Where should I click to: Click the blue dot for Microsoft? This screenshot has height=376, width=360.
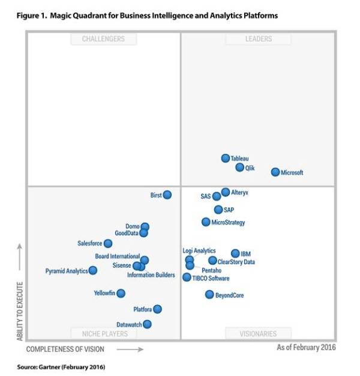[275, 172]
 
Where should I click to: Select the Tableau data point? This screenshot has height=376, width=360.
[226, 159]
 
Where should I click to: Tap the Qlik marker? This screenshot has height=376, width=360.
[240, 168]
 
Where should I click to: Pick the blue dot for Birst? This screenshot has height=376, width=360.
[167, 195]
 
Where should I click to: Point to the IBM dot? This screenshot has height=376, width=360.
[236, 253]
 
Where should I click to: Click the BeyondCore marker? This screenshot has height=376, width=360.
[209, 294]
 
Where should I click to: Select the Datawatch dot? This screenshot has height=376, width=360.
[147, 324]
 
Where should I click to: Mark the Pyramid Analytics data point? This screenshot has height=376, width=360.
[93, 271]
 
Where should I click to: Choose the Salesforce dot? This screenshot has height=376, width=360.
[108, 243]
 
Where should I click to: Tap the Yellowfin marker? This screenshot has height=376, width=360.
[121, 293]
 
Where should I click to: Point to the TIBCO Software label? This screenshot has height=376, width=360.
[211, 278]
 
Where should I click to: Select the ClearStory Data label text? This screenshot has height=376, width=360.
[236, 262]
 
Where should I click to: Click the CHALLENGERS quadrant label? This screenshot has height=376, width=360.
[104, 39]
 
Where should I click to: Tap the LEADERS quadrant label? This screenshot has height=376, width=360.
[258, 39]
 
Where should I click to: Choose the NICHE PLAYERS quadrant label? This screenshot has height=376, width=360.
[104, 333]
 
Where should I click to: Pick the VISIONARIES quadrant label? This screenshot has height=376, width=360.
[258, 333]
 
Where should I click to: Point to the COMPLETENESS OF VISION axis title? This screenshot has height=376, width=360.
[65, 349]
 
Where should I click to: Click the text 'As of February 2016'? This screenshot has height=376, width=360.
[306, 348]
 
